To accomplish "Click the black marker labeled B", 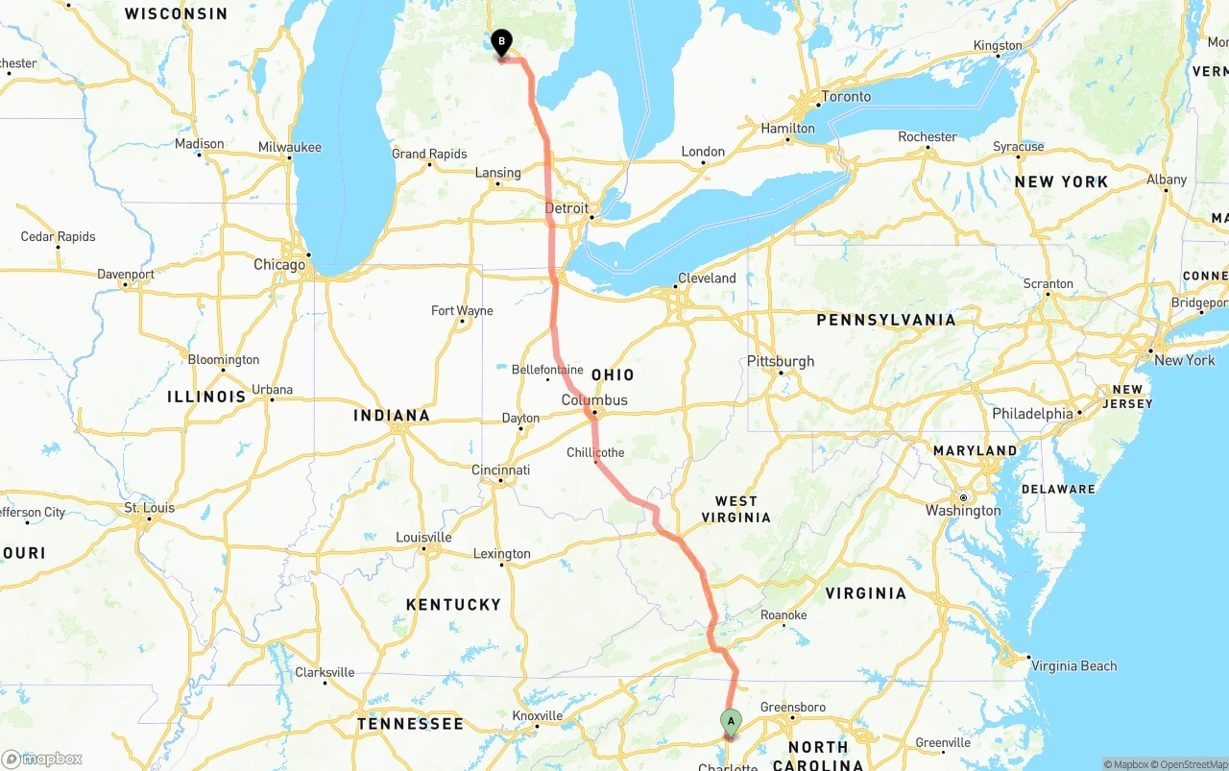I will pyautogui.click(x=501, y=42).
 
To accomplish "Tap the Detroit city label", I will pyautogui.click(x=566, y=208).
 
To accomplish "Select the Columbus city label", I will pyautogui.click(x=594, y=400).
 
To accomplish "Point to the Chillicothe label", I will pyautogui.click(x=595, y=452).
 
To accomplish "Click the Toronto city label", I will pyautogui.click(x=846, y=97).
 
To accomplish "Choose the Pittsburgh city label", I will pyautogui.click(x=781, y=362).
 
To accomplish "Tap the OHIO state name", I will pyautogui.click(x=613, y=374).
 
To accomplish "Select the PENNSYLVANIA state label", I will pyautogui.click(x=886, y=320).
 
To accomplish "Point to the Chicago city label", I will pyautogui.click(x=279, y=265).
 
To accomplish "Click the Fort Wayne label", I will pyautogui.click(x=462, y=311).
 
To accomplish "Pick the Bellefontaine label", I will pyautogui.click(x=547, y=370).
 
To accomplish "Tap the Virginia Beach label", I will pyautogui.click(x=1073, y=666).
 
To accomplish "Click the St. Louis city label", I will pyautogui.click(x=150, y=508).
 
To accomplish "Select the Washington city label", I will pyautogui.click(x=963, y=511).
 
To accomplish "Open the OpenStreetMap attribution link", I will pyautogui.click(x=1190, y=764).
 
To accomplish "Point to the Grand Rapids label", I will pyautogui.click(x=429, y=154).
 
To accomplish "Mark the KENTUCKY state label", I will pyautogui.click(x=453, y=605).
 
